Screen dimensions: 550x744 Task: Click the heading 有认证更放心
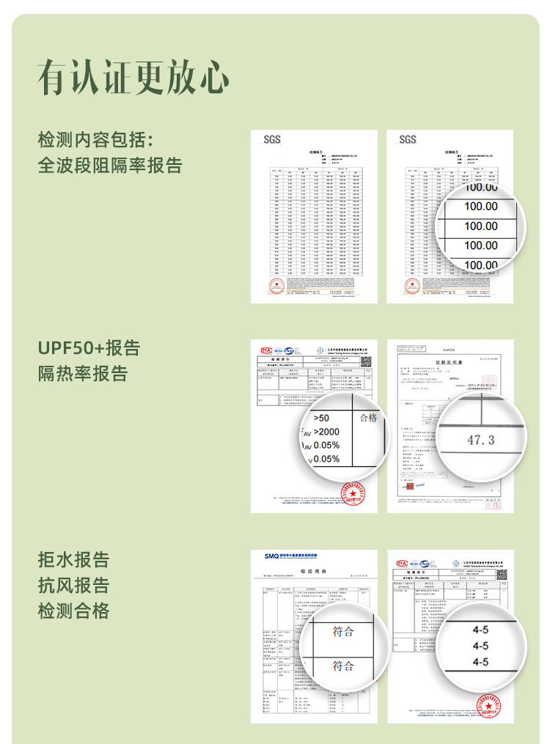133,77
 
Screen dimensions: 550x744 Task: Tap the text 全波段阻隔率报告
110,165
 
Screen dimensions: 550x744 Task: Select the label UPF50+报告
89,347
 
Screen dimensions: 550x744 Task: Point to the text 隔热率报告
83,374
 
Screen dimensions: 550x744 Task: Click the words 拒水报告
73,560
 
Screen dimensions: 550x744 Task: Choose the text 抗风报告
73,586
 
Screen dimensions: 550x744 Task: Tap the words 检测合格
73,611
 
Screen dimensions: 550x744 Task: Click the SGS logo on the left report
271,139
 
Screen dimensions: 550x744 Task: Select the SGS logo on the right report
408,139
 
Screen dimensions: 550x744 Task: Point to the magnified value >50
321,418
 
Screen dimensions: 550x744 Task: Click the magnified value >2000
326,432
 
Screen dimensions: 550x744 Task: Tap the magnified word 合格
368,418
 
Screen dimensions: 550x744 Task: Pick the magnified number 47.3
480,440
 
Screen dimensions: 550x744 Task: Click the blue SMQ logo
271,557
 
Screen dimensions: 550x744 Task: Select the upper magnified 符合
343,631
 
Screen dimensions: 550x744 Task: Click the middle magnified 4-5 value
480,646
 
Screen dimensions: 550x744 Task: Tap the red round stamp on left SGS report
276,286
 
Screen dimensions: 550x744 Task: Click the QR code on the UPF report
366,361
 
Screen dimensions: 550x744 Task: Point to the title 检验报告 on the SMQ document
313,571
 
